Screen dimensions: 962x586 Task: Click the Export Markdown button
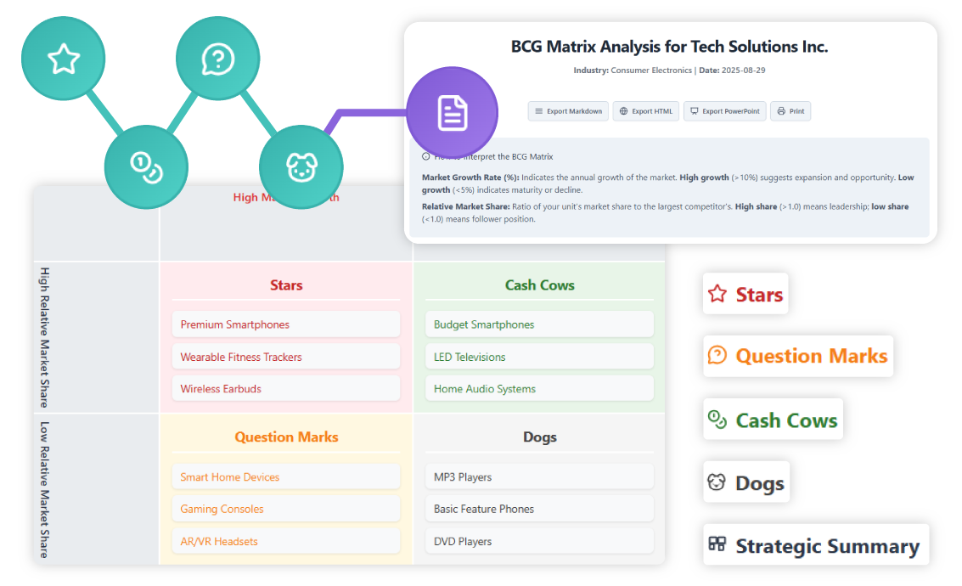click(x=568, y=111)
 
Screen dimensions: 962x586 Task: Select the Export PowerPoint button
click(x=724, y=111)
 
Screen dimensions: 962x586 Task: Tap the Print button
click(x=790, y=111)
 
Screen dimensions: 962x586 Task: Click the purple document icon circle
click(x=452, y=112)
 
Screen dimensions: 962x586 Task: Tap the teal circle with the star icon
click(x=64, y=59)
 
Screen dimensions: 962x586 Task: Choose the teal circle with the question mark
click(x=217, y=59)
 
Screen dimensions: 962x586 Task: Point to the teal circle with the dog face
click(x=301, y=166)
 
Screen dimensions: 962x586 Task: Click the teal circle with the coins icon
click(x=145, y=166)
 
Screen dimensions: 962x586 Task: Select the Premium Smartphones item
click(x=285, y=324)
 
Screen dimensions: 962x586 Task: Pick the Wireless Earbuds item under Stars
click(x=285, y=389)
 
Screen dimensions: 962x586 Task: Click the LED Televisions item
click(x=538, y=357)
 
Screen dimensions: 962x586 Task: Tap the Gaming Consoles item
click(x=285, y=509)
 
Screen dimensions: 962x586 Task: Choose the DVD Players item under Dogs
click(x=538, y=541)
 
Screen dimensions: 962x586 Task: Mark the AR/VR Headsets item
click(x=285, y=541)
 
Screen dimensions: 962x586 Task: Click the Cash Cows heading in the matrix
click(x=539, y=285)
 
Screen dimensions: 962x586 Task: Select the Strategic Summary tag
click(x=815, y=546)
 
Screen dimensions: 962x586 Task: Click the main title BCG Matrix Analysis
click(x=669, y=47)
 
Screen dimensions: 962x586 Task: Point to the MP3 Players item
click(x=538, y=477)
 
